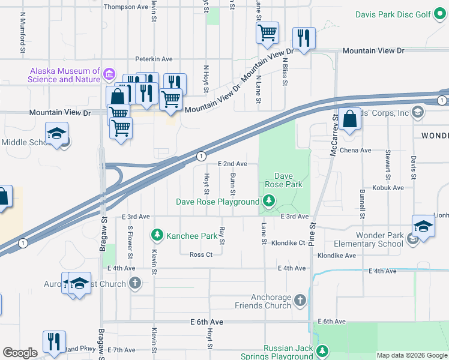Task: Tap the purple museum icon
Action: click(109, 74)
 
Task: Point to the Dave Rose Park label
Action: click(284, 181)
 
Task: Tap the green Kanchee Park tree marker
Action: click(157, 235)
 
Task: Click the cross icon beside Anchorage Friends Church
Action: click(300, 299)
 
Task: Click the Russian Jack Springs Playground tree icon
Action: click(323, 350)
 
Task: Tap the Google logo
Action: click(20, 353)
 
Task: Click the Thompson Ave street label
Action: click(125, 7)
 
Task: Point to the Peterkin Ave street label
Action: click(154, 59)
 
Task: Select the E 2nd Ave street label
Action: click(232, 164)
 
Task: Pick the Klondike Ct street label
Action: click(288, 244)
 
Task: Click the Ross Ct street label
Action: click(201, 254)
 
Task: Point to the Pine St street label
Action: click(312, 235)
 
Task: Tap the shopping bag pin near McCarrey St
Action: click(350, 120)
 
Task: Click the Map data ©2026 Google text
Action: click(412, 355)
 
